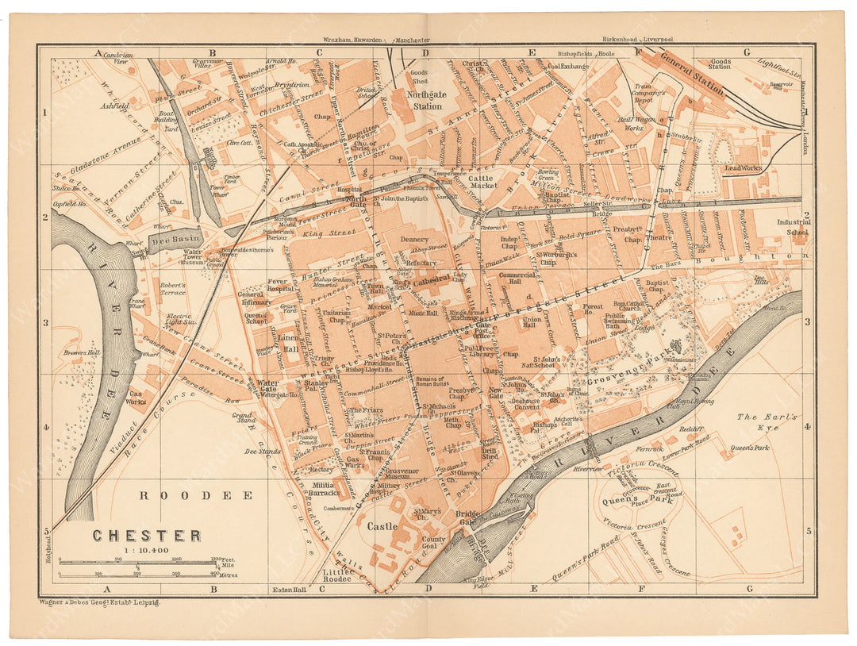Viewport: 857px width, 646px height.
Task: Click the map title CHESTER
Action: [x=147, y=536]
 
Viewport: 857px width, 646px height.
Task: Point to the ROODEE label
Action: [x=196, y=495]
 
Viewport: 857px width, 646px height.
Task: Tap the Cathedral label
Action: [x=432, y=279]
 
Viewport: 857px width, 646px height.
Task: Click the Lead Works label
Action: [x=743, y=168]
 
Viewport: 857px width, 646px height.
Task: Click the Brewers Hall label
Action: [x=83, y=352]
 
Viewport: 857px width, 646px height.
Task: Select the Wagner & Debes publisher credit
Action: [x=99, y=603]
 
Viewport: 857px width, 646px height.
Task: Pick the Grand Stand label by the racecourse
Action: [x=242, y=420]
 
